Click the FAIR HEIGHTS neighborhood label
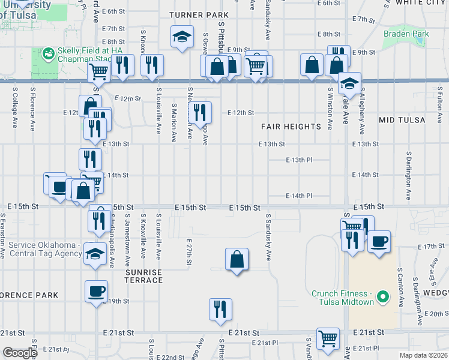coord(291,127)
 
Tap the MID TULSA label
coord(402,120)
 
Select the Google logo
coord(20,352)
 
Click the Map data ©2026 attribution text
coord(423,355)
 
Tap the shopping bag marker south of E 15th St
coord(237,259)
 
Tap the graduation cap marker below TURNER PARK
coord(182,37)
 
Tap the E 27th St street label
coord(188,251)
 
